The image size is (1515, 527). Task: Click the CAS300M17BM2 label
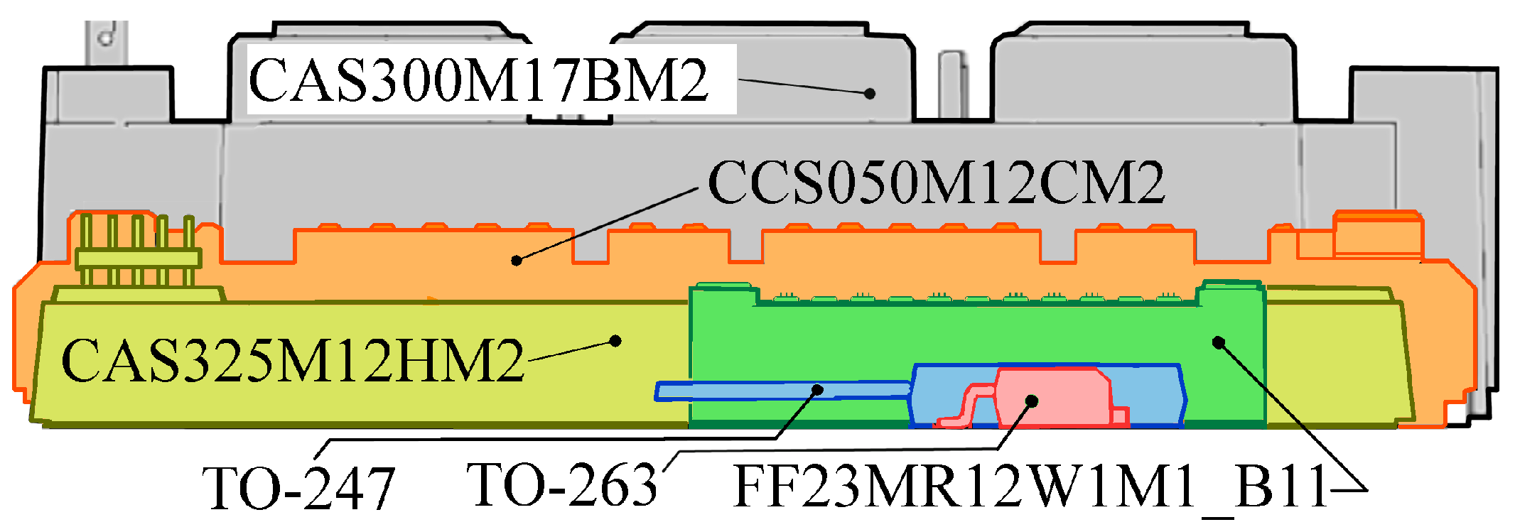(x=478, y=80)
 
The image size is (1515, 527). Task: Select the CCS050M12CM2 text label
(x=936, y=183)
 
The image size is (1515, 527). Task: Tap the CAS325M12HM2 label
(x=292, y=361)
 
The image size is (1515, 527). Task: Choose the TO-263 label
(x=561, y=484)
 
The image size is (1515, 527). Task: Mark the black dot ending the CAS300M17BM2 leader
(x=870, y=93)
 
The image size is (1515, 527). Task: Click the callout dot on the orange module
(x=517, y=261)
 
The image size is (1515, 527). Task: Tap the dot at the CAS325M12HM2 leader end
(x=616, y=342)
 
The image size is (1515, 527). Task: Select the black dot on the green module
(x=1219, y=343)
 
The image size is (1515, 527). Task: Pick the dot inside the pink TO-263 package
(x=1033, y=401)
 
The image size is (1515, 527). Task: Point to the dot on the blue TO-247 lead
(x=819, y=390)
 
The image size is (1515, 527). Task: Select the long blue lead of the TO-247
(x=746, y=391)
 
